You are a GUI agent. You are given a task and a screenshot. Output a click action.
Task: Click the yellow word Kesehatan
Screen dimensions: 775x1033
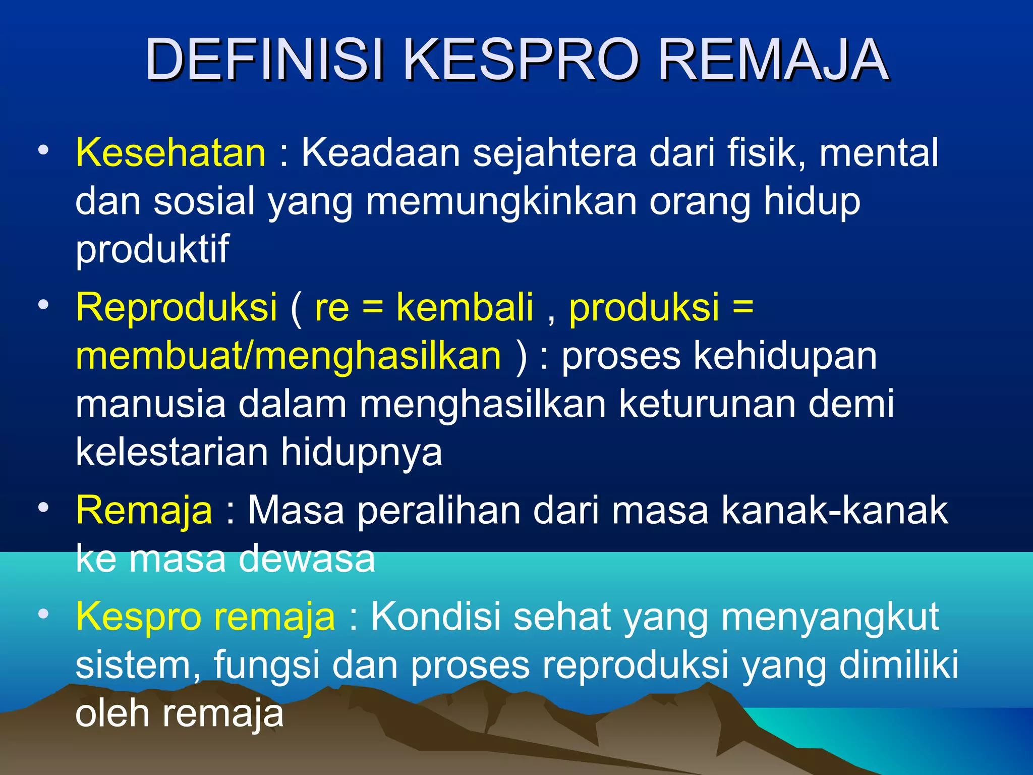coord(170,152)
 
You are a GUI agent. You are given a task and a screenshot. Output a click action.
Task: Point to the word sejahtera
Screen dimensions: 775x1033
coord(555,152)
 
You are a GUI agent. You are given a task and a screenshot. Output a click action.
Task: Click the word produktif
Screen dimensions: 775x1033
coord(152,249)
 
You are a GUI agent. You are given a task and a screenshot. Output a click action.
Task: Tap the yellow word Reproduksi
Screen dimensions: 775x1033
coord(177,307)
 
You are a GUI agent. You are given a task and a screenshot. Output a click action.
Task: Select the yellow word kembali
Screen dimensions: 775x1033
coord(465,307)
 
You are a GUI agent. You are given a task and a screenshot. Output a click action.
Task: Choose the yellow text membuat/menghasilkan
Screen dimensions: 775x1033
coord(289,355)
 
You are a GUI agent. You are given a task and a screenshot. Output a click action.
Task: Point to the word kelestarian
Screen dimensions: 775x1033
coord(171,452)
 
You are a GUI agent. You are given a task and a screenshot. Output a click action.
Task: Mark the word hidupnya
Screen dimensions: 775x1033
coord(361,453)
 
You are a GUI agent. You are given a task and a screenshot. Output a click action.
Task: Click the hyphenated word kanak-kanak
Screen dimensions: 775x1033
coord(834,510)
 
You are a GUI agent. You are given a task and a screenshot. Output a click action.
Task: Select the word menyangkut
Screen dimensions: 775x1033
coord(830,617)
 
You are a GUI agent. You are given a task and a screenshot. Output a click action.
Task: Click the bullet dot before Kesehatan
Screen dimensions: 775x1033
coord(44,150)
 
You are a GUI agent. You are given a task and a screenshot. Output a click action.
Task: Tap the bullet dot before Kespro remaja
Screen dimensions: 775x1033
coord(44,614)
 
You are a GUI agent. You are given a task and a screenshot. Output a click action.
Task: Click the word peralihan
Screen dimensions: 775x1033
coord(438,510)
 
